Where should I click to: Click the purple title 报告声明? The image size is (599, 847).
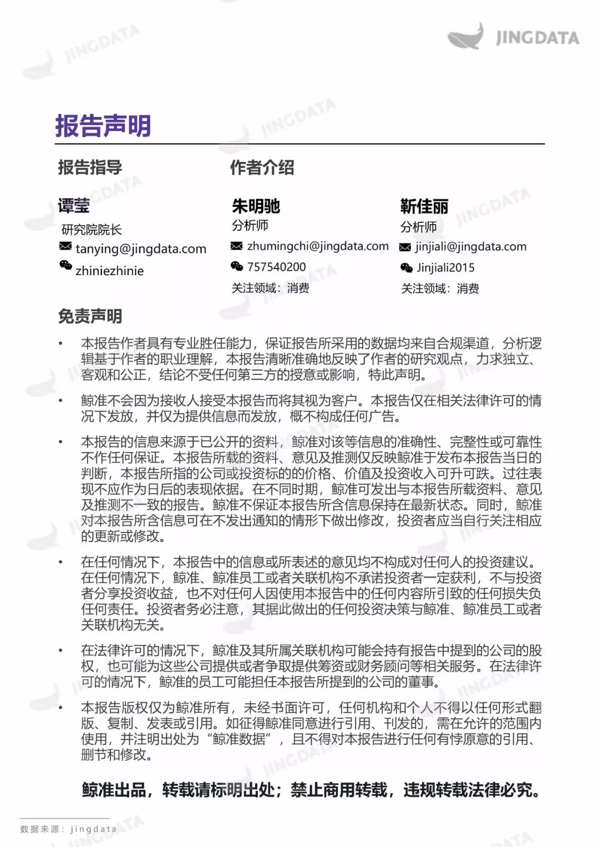pyautogui.click(x=103, y=126)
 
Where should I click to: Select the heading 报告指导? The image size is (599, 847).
pyautogui.click(x=90, y=167)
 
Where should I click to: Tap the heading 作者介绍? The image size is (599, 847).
pyautogui.click(x=262, y=168)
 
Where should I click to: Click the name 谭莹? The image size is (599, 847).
pyautogui.click(x=74, y=206)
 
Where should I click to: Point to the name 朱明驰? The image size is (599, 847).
pyautogui.click(x=256, y=206)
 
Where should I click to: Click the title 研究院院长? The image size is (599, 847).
pyautogui.click(x=92, y=230)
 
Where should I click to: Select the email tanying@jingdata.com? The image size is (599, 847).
pyautogui.click(x=141, y=248)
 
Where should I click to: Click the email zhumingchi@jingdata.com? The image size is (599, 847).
pyautogui.click(x=318, y=246)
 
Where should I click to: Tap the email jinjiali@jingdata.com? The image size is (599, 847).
pyautogui.click(x=471, y=247)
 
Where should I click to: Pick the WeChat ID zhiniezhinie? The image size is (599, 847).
pyautogui.click(x=109, y=271)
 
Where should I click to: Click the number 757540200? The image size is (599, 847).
pyautogui.click(x=276, y=267)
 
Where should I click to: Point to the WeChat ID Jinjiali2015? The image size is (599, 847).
pyautogui.click(x=445, y=268)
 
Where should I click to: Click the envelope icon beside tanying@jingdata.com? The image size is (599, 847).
pyautogui.click(x=65, y=246)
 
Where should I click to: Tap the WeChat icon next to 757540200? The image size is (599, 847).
pyautogui.click(x=237, y=266)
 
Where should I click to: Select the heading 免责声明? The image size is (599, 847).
pyautogui.click(x=90, y=316)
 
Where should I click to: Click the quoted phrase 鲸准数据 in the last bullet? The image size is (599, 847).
pyautogui.click(x=239, y=739)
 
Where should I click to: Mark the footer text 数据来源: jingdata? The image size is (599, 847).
pyautogui.click(x=68, y=829)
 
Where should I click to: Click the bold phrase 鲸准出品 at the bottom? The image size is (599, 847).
pyautogui.click(x=114, y=789)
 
